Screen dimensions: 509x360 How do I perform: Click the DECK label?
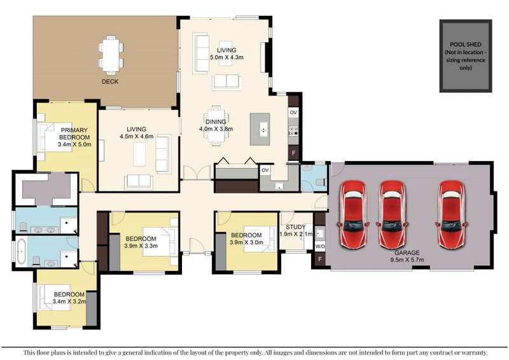(x=110, y=81)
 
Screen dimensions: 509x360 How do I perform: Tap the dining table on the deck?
(x=111, y=55)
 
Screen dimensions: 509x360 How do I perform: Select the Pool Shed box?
(x=466, y=56)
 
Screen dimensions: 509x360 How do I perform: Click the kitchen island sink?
(x=263, y=128)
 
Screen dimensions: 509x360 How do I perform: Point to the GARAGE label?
(x=407, y=253)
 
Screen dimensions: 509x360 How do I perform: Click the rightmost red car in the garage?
(x=451, y=214)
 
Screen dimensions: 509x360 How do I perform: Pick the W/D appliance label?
(x=320, y=247)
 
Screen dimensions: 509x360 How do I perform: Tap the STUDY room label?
(x=296, y=227)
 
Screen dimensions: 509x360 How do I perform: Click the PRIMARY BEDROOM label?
(x=74, y=134)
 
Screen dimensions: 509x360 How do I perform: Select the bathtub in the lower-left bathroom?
(x=22, y=252)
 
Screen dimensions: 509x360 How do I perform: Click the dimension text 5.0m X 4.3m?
(x=227, y=57)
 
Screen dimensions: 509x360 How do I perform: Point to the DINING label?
(x=216, y=121)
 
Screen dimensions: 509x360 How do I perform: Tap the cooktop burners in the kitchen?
(x=293, y=131)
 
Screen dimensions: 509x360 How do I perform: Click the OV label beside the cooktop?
(x=293, y=113)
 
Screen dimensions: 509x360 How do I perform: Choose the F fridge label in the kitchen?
(x=293, y=153)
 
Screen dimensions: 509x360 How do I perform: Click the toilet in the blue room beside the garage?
(x=321, y=182)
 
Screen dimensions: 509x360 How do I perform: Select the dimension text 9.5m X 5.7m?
(x=407, y=260)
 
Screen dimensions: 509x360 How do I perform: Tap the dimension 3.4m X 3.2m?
(x=69, y=301)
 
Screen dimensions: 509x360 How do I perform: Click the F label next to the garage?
(x=320, y=259)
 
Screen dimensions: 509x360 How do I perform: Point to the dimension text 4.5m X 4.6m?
(x=136, y=137)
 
